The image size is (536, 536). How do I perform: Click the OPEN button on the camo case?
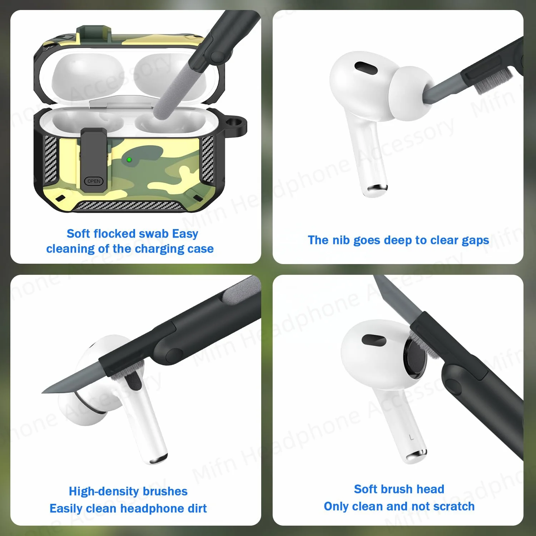tap(94, 181)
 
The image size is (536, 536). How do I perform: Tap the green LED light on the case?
tap(129, 160)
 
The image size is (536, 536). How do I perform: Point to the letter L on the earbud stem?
tap(411, 437)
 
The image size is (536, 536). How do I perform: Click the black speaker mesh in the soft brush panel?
tap(415, 358)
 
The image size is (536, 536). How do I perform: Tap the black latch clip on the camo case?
tap(94, 154)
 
